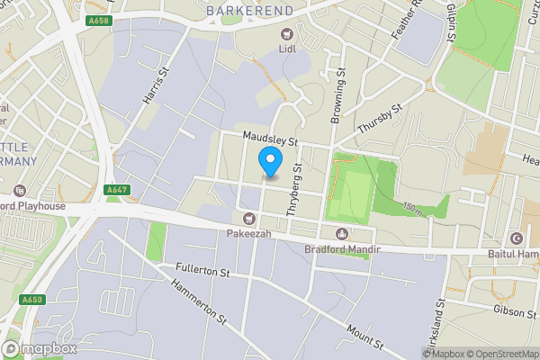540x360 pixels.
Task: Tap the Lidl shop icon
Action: point(286,34)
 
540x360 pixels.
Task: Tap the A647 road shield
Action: point(115,190)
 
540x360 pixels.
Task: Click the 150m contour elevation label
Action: point(414,208)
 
